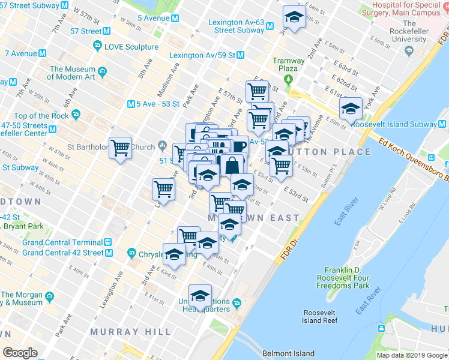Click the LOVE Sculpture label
tap(131, 46)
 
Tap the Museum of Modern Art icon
tap(103, 73)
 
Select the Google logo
tap(20, 353)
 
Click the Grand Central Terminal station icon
tap(107, 242)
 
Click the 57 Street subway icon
tap(106, 31)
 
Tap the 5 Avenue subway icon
tap(175, 18)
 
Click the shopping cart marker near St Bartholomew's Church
tap(120, 147)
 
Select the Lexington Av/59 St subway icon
tap(240, 55)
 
